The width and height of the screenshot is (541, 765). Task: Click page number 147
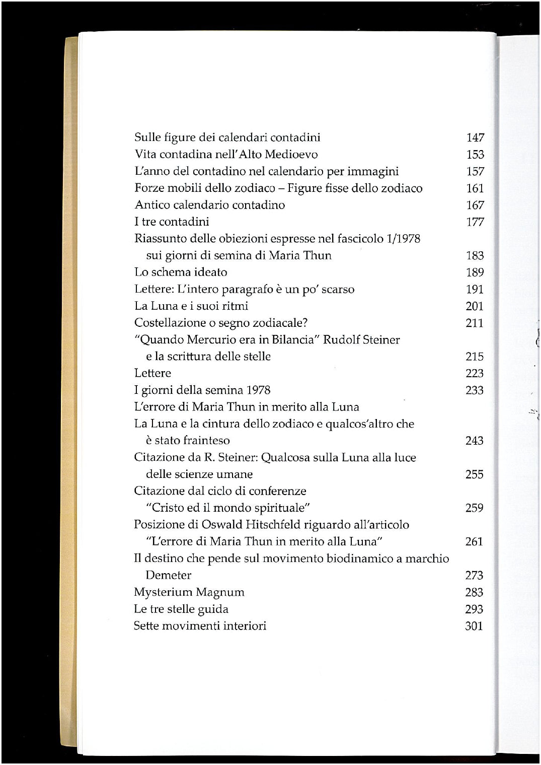[475, 137]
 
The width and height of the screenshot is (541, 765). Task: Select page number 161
[475, 188]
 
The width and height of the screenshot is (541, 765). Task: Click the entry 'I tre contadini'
[172, 222]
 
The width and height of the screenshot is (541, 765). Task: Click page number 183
[475, 255]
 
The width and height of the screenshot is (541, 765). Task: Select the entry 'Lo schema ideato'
[181, 272]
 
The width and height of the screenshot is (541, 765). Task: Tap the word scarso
[337, 289]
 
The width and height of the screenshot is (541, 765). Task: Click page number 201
[475, 306]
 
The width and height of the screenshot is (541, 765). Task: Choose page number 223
[475, 373]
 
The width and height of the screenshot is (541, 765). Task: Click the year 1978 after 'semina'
[258, 390]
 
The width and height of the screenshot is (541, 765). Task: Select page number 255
[474, 474]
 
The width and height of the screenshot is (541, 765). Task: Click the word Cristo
[169, 508]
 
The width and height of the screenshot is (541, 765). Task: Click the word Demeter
[169, 575]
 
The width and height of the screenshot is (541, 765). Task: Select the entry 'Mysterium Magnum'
[189, 592]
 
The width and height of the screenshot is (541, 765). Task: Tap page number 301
[474, 626]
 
